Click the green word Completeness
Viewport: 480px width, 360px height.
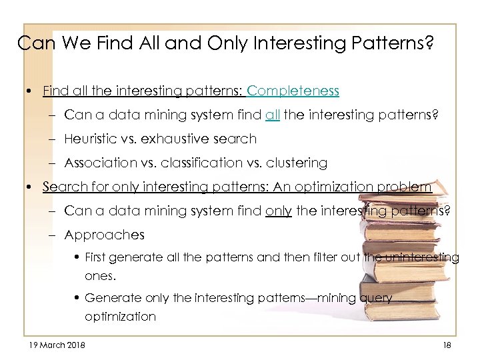pos(293,90)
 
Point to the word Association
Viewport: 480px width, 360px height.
pos(97,163)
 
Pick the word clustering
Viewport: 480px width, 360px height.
pos(294,163)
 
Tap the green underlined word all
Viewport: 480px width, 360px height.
pos(272,115)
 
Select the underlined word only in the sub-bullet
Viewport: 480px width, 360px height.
pos(278,211)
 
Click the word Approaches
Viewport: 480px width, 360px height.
pos(104,235)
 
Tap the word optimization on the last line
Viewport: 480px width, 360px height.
pos(120,317)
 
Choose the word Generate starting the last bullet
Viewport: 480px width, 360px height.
pos(107,298)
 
